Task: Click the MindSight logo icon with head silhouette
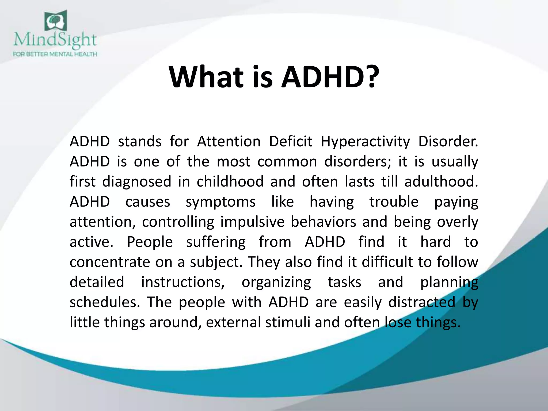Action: pos(56,21)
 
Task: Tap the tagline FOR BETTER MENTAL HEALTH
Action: pos(55,54)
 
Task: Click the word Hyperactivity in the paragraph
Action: pos(365,142)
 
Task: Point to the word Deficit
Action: pos(291,141)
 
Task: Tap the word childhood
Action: pos(230,181)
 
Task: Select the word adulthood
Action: pos(441,181)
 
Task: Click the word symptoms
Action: pos(221,202)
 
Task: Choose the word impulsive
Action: pos(252,222)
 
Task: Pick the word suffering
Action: pos(216,242)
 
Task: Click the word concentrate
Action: pos(109,262)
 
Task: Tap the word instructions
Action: pos(183,282)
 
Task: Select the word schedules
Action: pos(105,302)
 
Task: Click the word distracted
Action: pos(422,302)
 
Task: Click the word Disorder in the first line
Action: pos(448,141)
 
